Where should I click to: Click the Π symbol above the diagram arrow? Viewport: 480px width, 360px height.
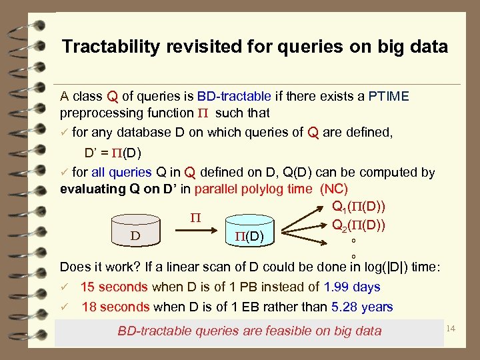point(195,217)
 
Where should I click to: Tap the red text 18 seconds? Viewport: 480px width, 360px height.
point(115,307)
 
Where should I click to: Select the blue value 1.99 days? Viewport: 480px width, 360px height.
point(351,287)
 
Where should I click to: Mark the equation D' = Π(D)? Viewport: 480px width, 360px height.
point(113,151)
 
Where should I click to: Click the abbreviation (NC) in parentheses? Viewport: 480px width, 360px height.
point(335,189)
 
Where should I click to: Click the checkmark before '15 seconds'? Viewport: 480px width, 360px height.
point(64,287)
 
